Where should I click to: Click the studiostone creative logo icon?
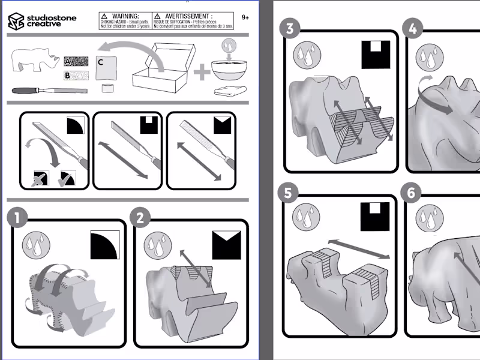[x=16, y=21]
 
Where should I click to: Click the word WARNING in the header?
[x=127, y=16]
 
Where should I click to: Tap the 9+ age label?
[x=245, y=18]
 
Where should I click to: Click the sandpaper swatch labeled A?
[x=76, y=61]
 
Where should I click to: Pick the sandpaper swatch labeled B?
[x=76, y=76]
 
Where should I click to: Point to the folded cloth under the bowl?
[x=229, y=91]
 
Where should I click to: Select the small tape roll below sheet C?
[x=107, y=89]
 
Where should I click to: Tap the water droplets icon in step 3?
[x=305, y=55]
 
